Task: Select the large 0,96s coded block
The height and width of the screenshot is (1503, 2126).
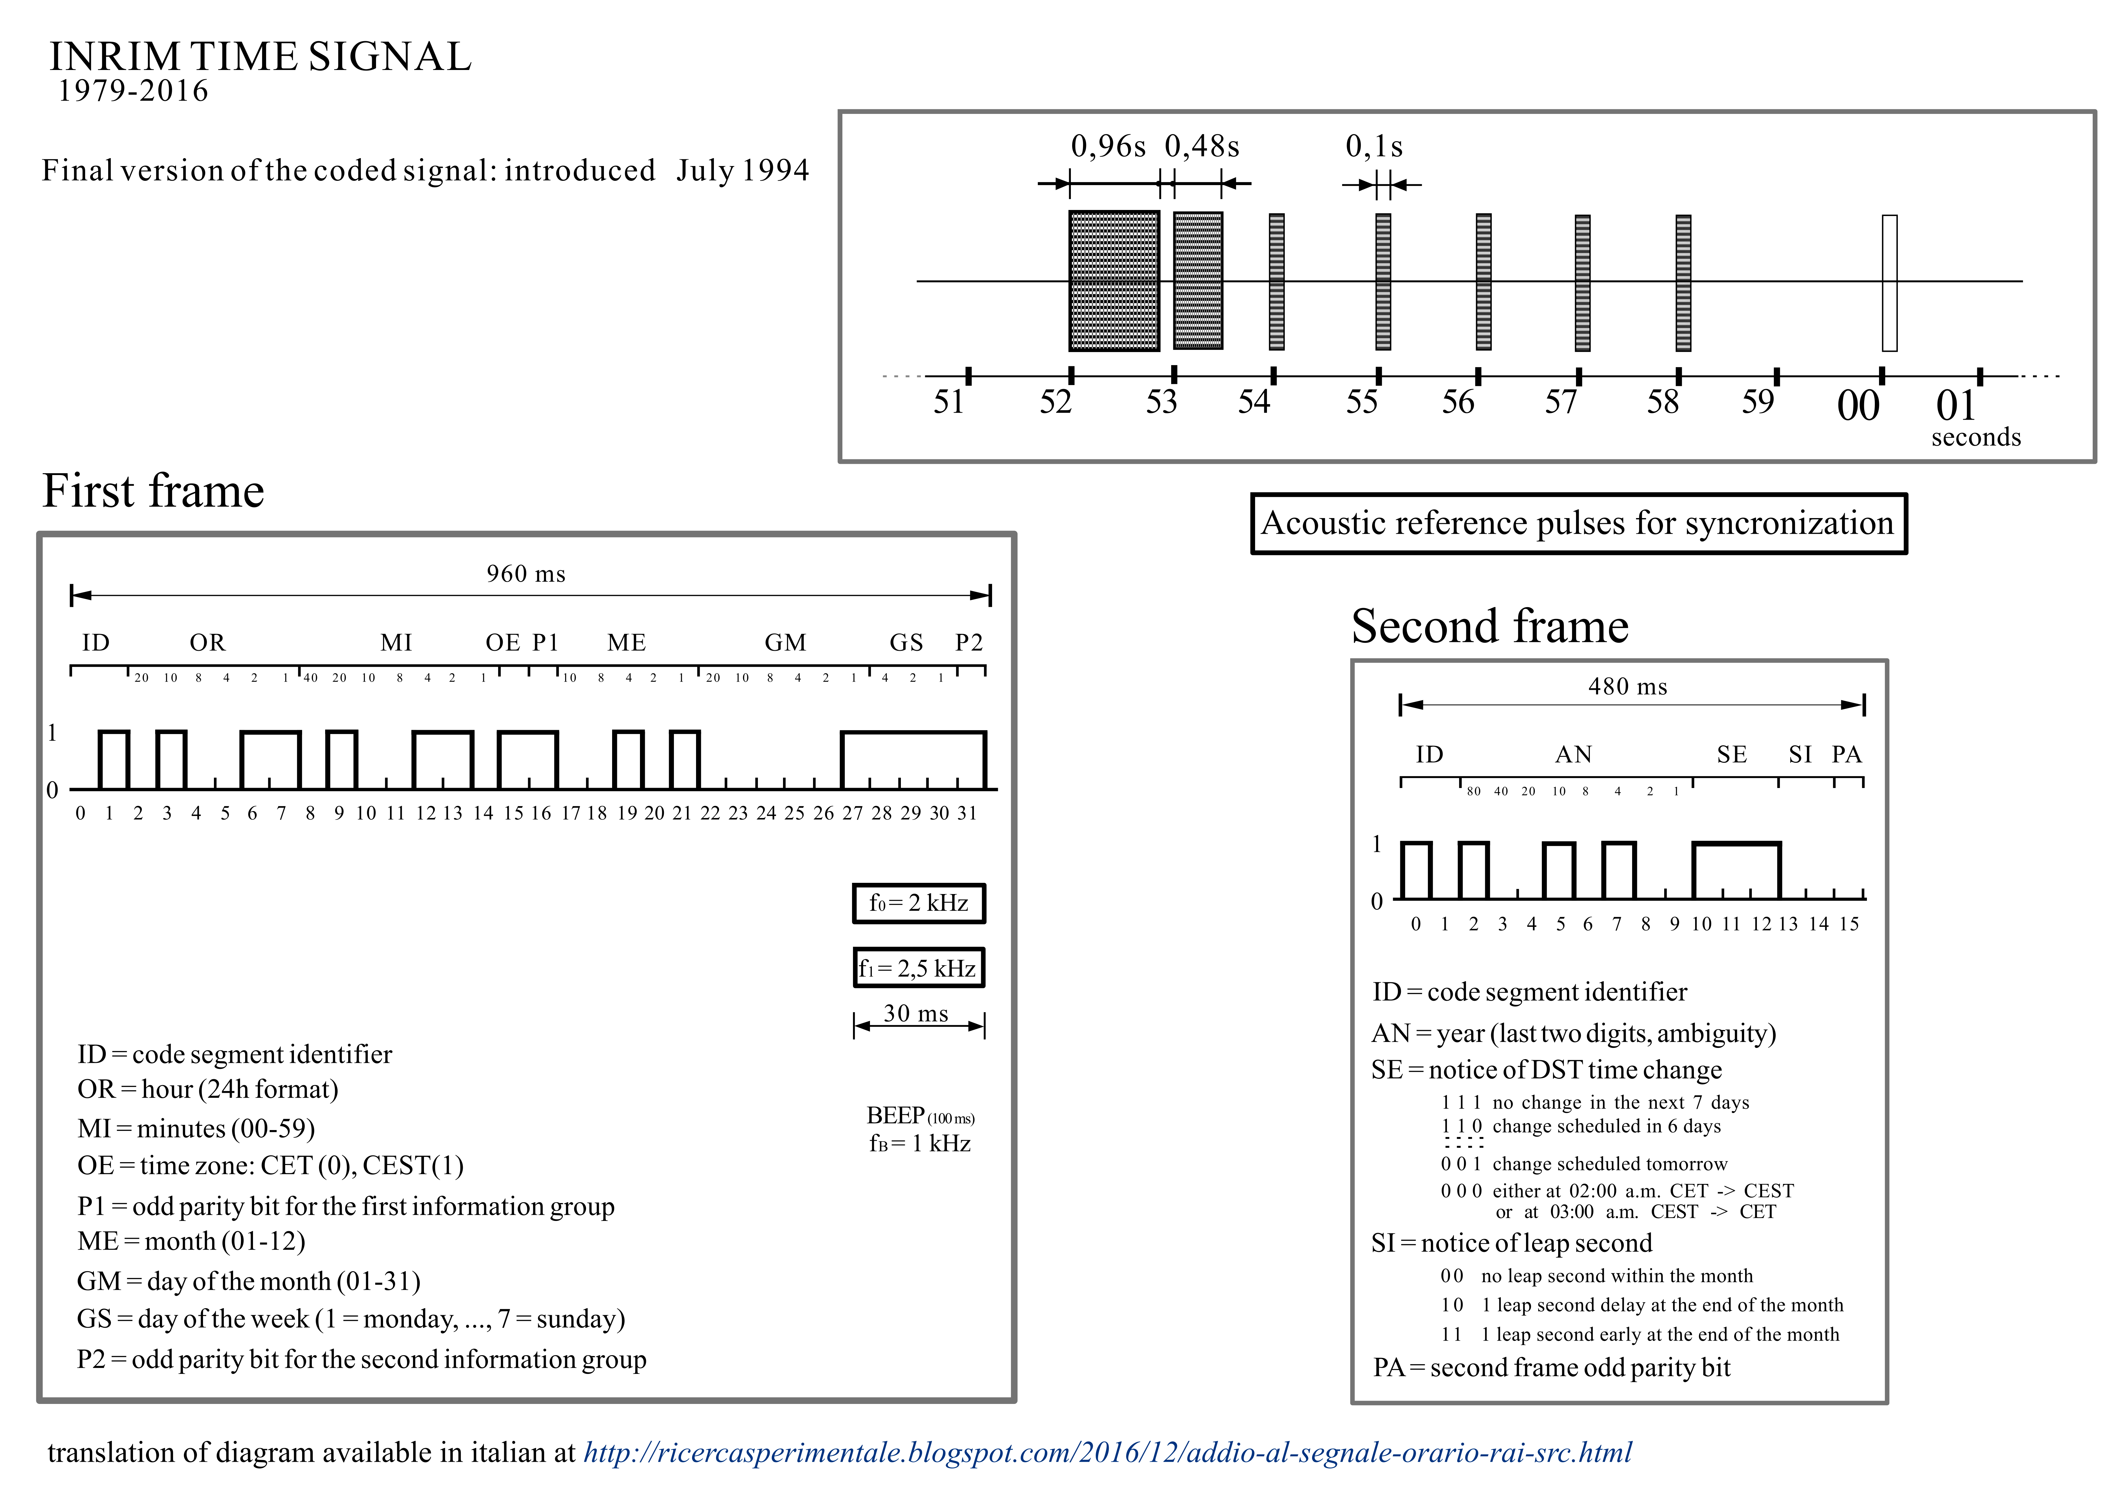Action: click(1114, 281)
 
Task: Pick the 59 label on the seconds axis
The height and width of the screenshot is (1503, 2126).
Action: click(1758, 402)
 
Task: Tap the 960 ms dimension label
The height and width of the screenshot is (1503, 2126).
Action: click(526, 574)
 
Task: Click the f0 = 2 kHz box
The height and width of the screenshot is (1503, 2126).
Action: click(918, 903)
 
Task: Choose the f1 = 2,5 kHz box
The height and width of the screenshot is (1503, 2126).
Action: click(918, 968)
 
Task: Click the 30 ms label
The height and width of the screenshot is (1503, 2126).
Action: click(916, 1013)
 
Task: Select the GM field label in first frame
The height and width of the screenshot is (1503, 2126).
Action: click(785, 643)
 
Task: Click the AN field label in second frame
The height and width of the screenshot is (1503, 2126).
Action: click(1573, 755)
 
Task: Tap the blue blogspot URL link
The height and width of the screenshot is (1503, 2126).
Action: click(1107, 1452)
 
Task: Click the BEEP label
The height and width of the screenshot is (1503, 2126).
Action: click(896, 1115)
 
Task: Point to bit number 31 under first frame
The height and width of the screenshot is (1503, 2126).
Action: click(967, 813)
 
